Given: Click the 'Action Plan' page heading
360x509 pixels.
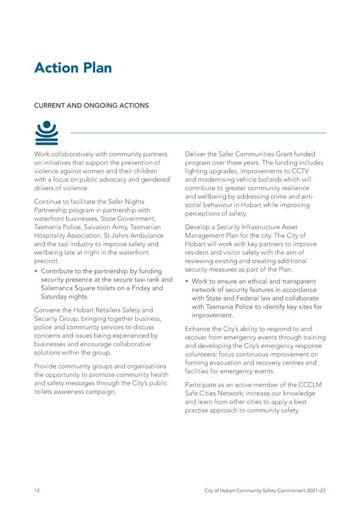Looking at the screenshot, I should tap(73, 68).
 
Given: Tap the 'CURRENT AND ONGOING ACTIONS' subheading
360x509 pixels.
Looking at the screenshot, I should tap(91, 106).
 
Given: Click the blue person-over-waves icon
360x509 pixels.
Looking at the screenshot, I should tap(47, 132).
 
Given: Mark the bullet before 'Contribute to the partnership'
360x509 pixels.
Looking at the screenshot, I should tap(37, 271).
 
